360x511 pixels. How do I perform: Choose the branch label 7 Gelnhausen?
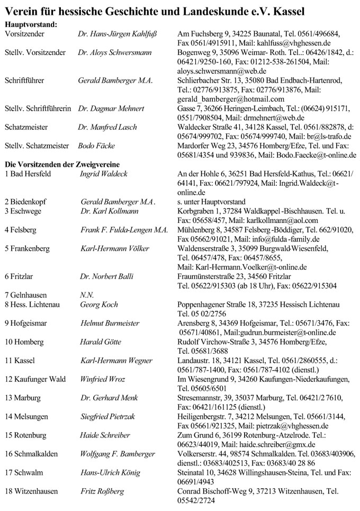click(x=25, y=294)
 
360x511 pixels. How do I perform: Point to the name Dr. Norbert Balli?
click(x=107, y=276)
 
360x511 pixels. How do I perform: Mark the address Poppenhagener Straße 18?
click(x=220, y=304)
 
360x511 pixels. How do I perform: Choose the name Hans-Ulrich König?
click(x=110, y=471)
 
